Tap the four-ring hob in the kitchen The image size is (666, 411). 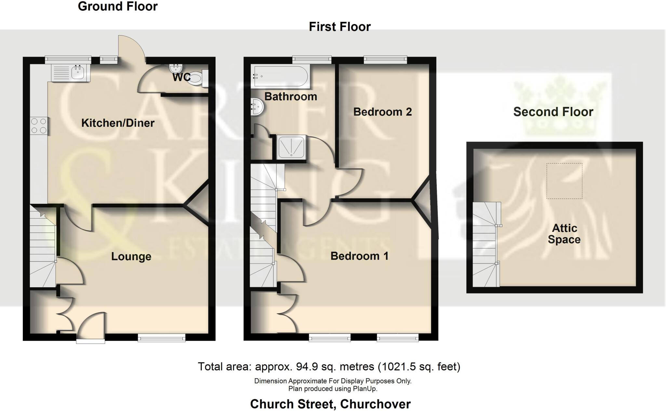(x=39, y=126)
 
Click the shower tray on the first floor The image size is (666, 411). (x=291, y=148)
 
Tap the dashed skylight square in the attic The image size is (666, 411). (x=564, y=181)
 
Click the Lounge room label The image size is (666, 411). (x=131, y=257)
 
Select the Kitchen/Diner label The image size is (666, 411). (x=118, y=123)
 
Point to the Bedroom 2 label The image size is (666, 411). (x=382, y=112)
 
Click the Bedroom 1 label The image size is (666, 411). (x=359, y=256)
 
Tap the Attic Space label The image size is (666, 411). (x=564, y=234)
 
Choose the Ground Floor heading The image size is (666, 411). (x=118, y=7)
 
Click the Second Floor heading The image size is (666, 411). (x=553, y=112)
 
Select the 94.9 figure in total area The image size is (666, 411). (x=306, y=367)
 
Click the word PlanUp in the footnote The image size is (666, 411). (x=365, y=389)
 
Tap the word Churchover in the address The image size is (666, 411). (x=376, y=404)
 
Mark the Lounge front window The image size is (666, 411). (x=162, y=339)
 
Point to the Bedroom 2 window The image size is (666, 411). (x=385, y=59)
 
